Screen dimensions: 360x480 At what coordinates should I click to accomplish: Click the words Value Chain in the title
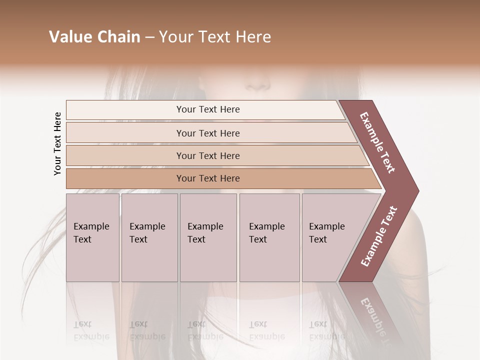tap(94, 37)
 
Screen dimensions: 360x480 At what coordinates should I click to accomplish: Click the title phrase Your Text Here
tap(215, 37)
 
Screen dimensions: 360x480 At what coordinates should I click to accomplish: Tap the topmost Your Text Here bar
tap(208, 109)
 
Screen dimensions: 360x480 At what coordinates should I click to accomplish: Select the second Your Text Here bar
tap(208, 133)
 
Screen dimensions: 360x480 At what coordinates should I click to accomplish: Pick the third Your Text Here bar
tap(208, 155)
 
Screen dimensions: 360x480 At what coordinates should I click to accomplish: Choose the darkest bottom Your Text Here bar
tap(208, 178)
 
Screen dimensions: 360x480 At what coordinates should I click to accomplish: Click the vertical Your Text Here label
tap(57, 143)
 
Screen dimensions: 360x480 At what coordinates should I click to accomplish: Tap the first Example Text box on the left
tap(92, 237)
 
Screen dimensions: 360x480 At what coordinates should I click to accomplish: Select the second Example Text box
tap(149, 237)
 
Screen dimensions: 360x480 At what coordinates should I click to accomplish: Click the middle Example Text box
tap(208, 237)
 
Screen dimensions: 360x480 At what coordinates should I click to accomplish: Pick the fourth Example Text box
tap(269, 237)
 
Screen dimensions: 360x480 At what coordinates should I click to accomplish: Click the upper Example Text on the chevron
tap(378, 142)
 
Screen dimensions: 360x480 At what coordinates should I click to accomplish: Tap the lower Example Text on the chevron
tap(379, 236)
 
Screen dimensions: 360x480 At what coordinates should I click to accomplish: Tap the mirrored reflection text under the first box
tap(91, 330)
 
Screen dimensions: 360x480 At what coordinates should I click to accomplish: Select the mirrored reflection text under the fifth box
tap(327, 330)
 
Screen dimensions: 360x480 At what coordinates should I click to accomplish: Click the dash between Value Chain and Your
tap(149, 37)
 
